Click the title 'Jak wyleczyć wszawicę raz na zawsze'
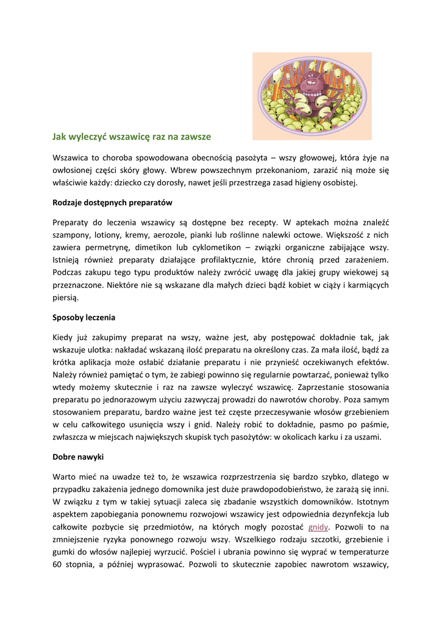[x=131, y=137]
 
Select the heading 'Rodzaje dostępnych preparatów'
[x=113, y=202]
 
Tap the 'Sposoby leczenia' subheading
[x=84, y=317]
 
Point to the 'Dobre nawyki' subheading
[x=78, y=456]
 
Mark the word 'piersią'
[x=66, y=297]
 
